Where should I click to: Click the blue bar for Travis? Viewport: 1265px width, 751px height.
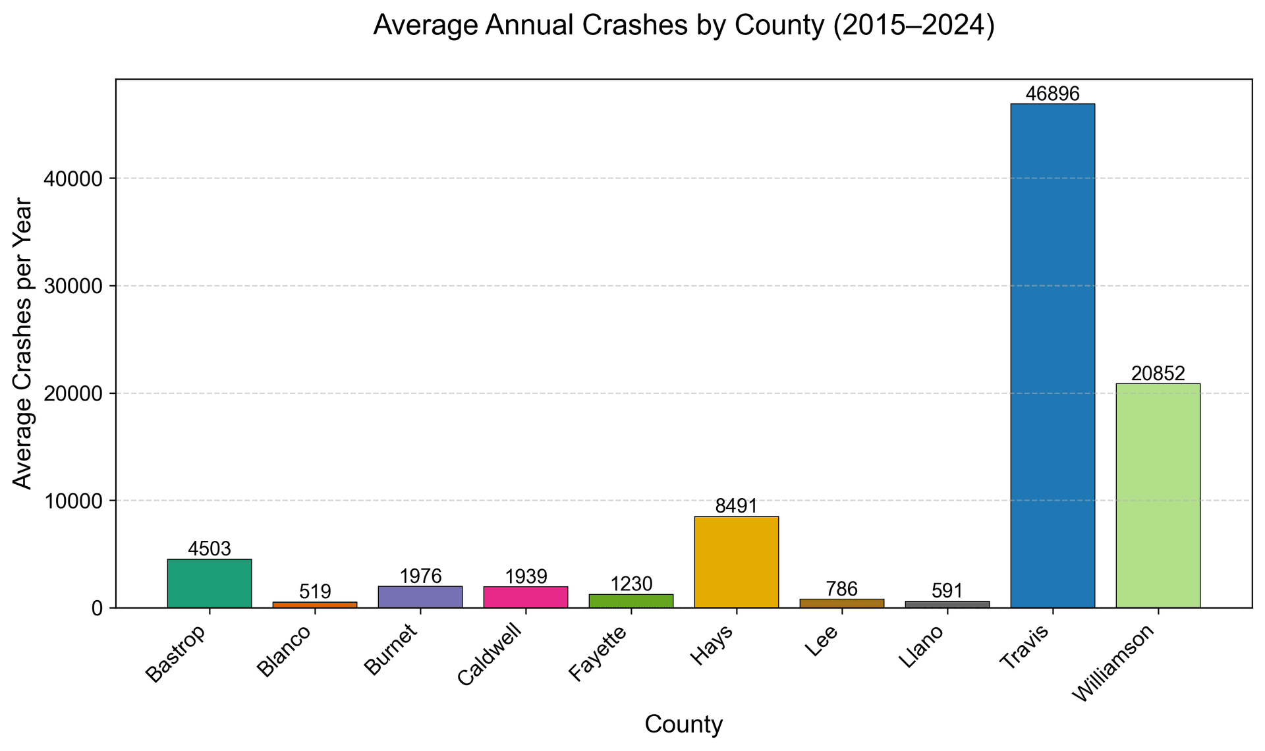tap(1052, 356)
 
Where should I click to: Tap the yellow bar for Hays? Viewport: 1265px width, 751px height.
tap(736, 562)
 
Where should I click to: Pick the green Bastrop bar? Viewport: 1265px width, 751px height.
tap(210, 583)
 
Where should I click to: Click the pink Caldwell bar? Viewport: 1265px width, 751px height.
tap(525, 597)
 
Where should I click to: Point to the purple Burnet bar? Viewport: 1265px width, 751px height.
tap(420, 597)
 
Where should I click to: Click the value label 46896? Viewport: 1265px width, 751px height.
tap(1053, 94)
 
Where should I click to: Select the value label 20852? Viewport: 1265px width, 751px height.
tap(1158, 374)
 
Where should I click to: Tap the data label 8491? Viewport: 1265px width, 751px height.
tap(736, 507)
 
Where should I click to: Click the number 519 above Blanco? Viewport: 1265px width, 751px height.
tap(315, 592)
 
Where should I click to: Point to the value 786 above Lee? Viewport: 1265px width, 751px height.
tap(841, 589)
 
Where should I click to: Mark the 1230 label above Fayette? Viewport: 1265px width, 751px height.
tap(631, 584)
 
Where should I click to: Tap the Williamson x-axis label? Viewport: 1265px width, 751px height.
tap(1113, 663)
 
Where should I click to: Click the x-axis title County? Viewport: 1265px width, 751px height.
tap(683, 725)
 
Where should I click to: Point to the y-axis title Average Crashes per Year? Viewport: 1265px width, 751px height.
tap(23, 343)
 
